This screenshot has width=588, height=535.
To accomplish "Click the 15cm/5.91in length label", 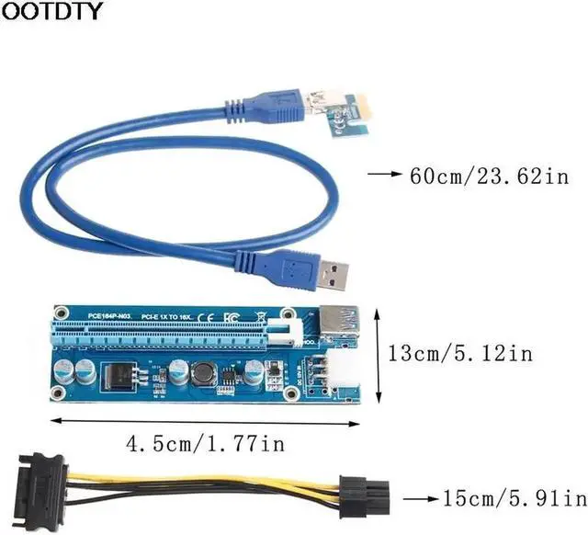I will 512,498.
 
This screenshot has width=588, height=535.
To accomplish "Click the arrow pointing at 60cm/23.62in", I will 386,173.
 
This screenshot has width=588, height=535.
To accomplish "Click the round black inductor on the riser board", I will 202,373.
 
